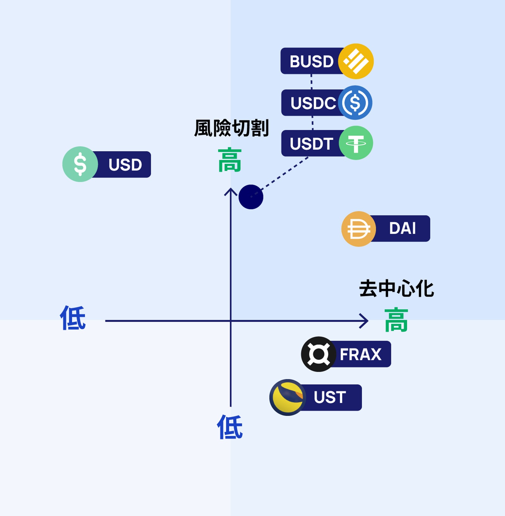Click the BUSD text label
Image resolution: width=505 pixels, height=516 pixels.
[x=311, y=61]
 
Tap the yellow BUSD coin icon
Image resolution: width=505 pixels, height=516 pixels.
[x=356, y=61]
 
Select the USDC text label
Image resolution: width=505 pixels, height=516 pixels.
[x=313, y=103]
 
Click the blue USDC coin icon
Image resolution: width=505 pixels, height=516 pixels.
[x=355, y=103]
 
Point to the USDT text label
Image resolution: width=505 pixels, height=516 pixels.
[x=311, y=144]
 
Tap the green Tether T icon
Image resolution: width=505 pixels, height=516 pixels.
[x=356, y=143]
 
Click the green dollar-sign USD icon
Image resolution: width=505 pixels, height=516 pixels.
[x=80, y=164]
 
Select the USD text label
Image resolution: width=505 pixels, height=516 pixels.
[x=125, y=165]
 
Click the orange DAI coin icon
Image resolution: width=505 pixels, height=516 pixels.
[x=359, y=229]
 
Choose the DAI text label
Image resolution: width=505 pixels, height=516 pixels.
[x=402, y=228]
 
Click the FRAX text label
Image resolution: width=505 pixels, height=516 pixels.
[x=360, y=354]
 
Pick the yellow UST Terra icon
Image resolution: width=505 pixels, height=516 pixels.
[x=287, y=397]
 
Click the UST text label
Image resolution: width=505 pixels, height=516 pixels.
[x=330, y=397]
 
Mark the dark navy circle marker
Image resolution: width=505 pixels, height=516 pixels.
[x=251, y=197]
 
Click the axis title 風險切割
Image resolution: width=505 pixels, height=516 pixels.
[x=231, y=128]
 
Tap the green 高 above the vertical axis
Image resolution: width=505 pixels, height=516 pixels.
[x=230, y=160]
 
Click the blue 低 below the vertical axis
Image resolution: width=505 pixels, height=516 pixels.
[x=230, y=427]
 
